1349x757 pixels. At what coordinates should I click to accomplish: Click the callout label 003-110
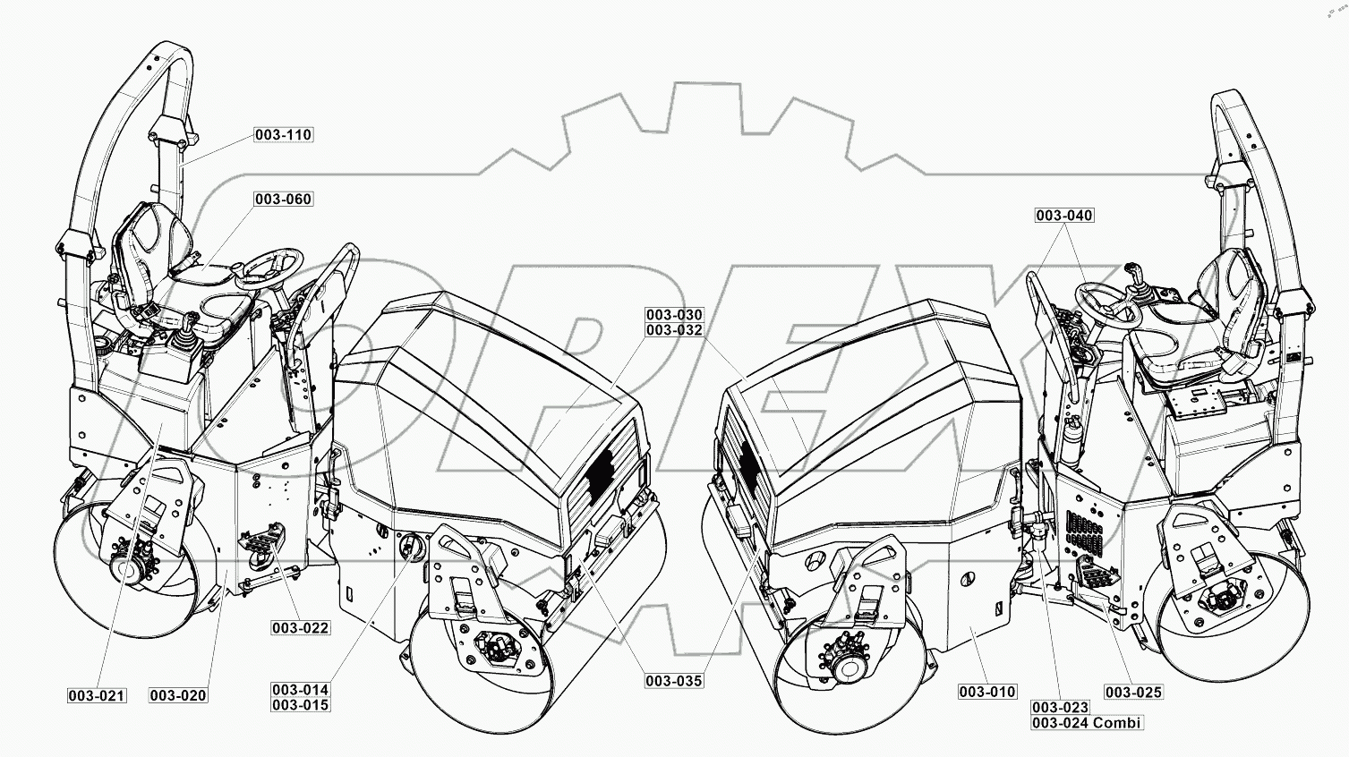pos(283,135)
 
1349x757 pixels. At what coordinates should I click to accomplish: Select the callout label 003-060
pos(283,199)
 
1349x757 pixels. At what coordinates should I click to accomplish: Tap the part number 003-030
pos(674,315)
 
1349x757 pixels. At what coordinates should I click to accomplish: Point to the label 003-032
pos(674,330)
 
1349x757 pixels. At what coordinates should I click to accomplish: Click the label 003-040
pos(1064,216)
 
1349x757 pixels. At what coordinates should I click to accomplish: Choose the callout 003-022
pos(301,628)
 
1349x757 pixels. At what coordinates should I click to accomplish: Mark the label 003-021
pos(97,695)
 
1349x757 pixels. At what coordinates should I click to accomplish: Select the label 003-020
pos(178,695)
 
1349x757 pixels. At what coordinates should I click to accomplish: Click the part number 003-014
pos(301,690)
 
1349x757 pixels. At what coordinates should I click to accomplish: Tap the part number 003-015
pos(301,705)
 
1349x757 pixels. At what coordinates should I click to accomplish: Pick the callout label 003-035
pos(674,681)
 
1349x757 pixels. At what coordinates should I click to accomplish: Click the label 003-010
pos(987,692)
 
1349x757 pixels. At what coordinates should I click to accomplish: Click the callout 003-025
pos(1133,692)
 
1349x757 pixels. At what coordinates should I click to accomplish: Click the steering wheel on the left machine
pos(267,266)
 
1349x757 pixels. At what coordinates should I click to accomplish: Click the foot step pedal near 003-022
pos(260,540)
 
